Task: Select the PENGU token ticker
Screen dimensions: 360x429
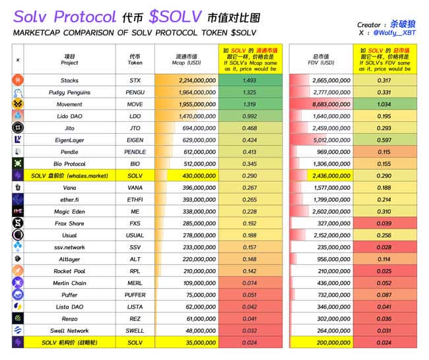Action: pyautogui.click(x=135, y=92)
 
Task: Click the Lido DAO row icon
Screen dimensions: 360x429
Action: pyautogui.click(x=18, y=116)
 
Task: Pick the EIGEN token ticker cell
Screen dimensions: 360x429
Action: pyautogui.click(x=135, y=140)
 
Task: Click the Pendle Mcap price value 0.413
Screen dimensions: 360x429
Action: pyautogui.click(x=249, y=152)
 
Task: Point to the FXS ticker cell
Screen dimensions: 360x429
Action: pyautogui.click(x=135, y=224)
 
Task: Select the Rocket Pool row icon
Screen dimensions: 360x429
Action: pyautogui.click(x=18, y=271)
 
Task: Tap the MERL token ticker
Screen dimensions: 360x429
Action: pyautogui.click(x=135, y=283)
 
